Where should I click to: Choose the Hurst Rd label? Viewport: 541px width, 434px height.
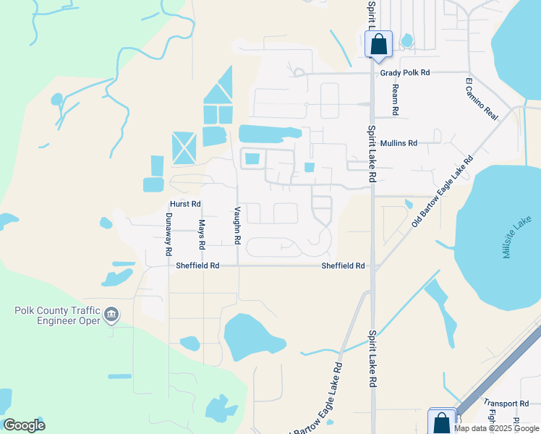[185, 204]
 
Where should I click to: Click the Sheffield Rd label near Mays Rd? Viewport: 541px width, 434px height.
[197, 265]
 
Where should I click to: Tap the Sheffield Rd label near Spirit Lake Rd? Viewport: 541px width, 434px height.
[344, 265]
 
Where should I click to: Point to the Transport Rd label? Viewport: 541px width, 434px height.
[506, 403]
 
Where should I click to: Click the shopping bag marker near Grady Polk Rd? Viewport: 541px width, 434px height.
[378, 45]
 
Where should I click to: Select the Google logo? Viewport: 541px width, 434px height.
[24, 425]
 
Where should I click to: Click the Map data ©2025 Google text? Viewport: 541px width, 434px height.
[496, 428]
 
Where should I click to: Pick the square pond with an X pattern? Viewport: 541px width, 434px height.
[184, 148]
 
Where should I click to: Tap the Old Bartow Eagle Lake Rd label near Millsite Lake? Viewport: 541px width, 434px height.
[441, 192]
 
